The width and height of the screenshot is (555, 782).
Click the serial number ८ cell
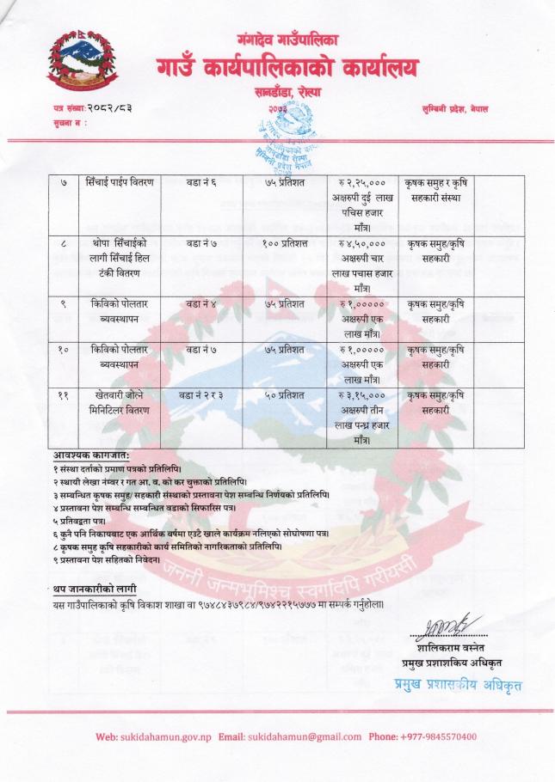[65, 246]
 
